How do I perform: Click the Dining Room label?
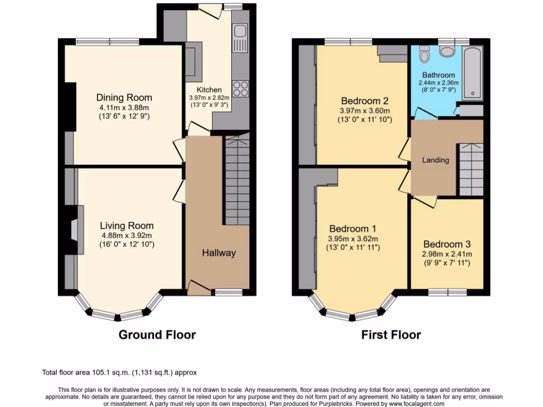(x=124, y=98)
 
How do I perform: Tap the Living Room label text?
(x=127, y=226)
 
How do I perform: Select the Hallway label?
(x=218, y=253)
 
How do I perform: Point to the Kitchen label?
(x=209, y=90)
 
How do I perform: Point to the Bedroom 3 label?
(x=447, y=244)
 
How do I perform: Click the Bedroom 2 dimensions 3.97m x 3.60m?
(x=365, y=111)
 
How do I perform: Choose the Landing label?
(x=435, y=160)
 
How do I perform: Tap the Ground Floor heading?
(x=157, y=335)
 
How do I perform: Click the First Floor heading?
(x=391, y=335)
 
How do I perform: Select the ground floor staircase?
(x=237, y=180)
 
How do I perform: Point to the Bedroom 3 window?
(x=447, y=291)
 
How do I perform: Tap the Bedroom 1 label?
(x=353, y=229)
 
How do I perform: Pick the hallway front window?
(x=229, y=292)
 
